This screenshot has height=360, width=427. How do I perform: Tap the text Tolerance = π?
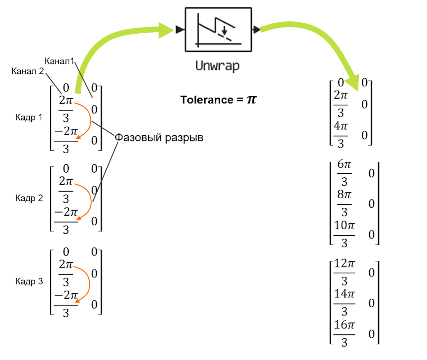click(218, 100)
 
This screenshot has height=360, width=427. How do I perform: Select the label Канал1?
click(60, 61)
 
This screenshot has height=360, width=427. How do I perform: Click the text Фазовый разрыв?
click(159, 138)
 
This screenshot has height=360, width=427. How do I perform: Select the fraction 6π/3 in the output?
click(344, 173)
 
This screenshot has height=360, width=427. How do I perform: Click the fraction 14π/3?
click(344, 303)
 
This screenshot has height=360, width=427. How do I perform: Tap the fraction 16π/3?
click(344, 333)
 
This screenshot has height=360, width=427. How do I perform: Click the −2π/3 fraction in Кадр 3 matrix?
click(66, 304)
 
